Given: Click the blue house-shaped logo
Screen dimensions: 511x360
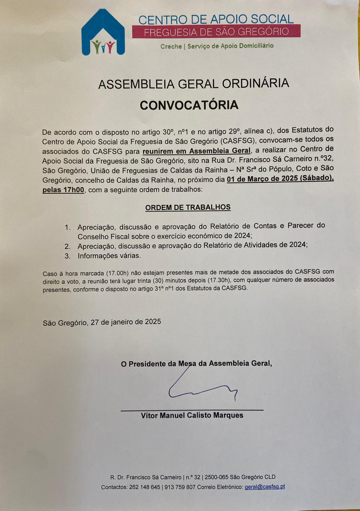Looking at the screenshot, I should pos(103,33).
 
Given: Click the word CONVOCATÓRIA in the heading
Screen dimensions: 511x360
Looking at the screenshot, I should pos(189,105).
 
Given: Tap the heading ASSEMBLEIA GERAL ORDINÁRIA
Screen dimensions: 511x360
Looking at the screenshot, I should pos(194,84).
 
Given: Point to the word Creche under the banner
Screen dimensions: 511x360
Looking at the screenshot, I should pos(171,47).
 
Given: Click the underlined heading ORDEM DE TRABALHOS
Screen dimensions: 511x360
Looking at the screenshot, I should pos(188,208).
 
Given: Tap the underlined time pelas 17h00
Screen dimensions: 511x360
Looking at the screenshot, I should pos(63,190).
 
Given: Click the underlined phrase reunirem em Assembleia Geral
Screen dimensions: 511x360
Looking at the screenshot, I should pos(196,151).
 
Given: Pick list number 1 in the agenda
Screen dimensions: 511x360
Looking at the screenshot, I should pos(67,227).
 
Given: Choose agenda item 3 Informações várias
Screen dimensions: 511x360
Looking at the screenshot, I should pos(109,256).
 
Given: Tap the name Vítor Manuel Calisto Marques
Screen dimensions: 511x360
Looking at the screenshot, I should pos(192,416).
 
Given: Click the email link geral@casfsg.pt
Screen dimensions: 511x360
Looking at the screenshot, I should pos(264,487).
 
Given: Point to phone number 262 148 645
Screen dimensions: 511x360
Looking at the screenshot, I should pos(144,487).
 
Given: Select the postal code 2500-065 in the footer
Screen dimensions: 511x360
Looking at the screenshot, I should pos(216,477).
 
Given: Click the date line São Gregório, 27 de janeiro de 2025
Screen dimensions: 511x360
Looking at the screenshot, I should pos(102,322).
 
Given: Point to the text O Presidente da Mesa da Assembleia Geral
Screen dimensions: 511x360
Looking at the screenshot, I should pos(196,363).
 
